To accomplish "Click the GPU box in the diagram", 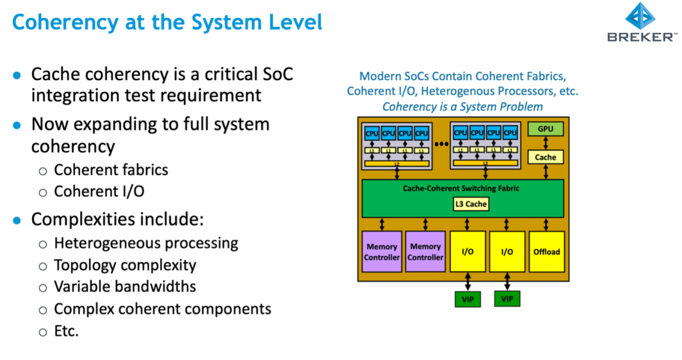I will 545,129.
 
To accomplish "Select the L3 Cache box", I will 471,204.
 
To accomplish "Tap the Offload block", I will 546,251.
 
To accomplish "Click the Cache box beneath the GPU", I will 545,157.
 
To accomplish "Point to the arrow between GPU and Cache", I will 545,143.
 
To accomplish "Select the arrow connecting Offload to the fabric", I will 546,224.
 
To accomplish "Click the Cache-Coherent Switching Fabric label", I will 461,188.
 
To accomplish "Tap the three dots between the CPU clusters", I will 441,144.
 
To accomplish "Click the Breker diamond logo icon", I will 641,18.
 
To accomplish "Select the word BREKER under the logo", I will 641,38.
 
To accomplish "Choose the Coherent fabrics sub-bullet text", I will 111,169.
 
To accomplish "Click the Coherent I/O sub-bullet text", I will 99,192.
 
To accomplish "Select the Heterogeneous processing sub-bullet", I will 145,243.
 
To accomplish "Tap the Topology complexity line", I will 125,265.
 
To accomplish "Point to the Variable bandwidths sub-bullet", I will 124,286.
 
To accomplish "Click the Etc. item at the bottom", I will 66,330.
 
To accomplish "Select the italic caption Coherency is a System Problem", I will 462,106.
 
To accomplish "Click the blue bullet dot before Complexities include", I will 18,220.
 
